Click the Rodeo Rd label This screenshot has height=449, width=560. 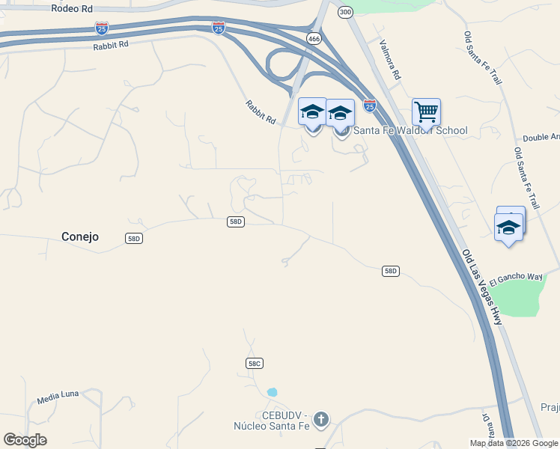tap(72, 8)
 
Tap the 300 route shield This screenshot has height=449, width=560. tap(344, 12)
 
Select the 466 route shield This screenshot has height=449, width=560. tap(314, 37)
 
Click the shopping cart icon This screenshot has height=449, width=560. tap(426, 112)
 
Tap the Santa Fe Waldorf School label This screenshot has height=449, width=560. tap(410, 130)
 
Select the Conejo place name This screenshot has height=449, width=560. tap(79, 236)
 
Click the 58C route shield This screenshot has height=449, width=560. tap(254, 363)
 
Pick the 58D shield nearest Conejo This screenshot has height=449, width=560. tap(134, 238)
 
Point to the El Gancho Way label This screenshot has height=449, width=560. tap(517, 277)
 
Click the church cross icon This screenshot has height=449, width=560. tap(321, 419)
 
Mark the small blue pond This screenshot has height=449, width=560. tap(272, 392)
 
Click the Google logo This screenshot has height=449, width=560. tap(25, 440)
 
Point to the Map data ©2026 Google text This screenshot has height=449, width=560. tap(514, 443)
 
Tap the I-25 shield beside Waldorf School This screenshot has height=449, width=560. tap(370, 106)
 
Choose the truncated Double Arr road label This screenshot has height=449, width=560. tap(541, 137)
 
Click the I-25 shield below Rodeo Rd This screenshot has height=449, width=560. tap(102, 28)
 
